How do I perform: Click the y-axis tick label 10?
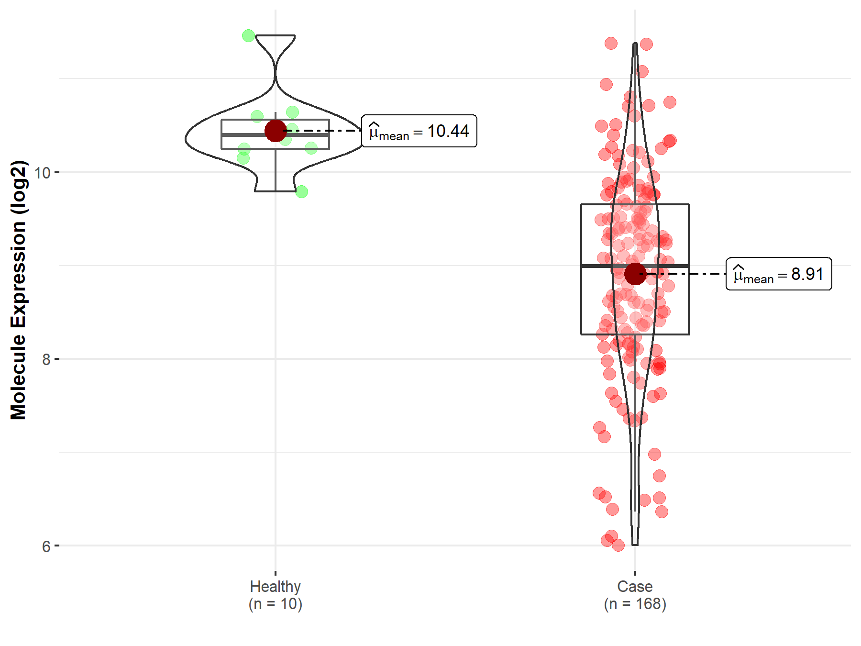pos(43,173)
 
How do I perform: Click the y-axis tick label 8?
pos(46,359)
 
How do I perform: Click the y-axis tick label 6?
pos(46,546)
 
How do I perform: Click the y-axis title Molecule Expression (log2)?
pos(18,290)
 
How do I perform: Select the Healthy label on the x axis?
pos(275,586)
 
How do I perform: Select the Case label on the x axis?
pos(635,586)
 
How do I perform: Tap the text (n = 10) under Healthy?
pos(275,604)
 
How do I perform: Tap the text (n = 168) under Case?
pos(635,604)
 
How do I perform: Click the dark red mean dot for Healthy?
pos(276,131)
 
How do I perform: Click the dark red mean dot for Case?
pos(635,274)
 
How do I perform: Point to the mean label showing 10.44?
pos(419,131)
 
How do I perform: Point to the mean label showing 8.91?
pos(779,274)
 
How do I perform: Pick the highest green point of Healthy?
pos(248,35)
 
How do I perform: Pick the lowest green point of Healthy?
pos(301,191)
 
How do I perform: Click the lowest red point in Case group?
pos(618,545)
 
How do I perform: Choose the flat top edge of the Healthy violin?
pos(275,35)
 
